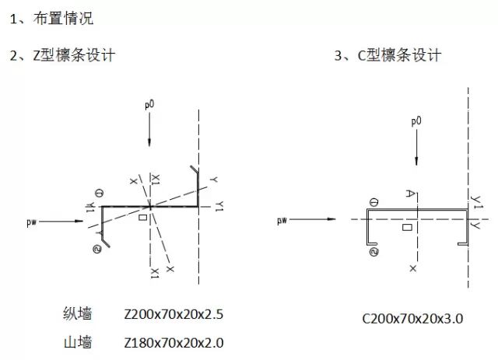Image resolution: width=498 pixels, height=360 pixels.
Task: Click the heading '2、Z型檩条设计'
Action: (62, 56)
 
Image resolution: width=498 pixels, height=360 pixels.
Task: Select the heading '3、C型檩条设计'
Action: (387, 56)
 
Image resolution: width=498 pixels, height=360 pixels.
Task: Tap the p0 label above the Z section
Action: (150, 103)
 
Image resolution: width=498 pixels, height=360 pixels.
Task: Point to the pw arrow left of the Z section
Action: (58, 222)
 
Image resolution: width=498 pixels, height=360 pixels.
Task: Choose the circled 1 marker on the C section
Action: (374, 203)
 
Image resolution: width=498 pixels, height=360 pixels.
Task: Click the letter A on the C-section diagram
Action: (408, 194)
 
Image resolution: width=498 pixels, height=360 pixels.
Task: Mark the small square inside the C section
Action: (407, 228)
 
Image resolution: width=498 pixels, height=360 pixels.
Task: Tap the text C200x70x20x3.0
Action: (412, 318)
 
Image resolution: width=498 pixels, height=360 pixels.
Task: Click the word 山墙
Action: (78, 342)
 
